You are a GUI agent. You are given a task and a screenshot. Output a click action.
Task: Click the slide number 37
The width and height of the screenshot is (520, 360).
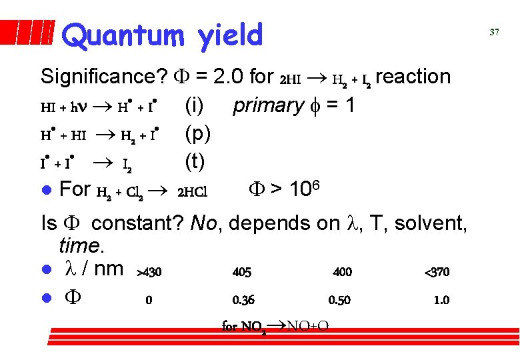(494, 31)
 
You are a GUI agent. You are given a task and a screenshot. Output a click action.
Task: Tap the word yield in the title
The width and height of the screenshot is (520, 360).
(231, 35)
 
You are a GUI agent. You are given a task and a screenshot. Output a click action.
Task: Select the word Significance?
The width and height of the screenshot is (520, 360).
(103, 77)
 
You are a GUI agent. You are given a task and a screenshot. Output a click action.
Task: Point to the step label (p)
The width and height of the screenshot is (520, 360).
(198, 134)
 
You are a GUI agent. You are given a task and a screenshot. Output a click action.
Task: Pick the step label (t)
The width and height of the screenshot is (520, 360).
(195, 162)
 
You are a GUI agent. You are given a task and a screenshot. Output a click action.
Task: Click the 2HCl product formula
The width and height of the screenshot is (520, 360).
(193, 193)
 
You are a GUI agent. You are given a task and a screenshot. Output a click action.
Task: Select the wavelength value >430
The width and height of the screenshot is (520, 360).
(149, 272)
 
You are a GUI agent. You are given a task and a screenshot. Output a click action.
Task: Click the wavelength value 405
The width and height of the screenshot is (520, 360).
(242, 272)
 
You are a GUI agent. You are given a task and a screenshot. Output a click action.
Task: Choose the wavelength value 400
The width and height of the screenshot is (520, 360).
(342, 272)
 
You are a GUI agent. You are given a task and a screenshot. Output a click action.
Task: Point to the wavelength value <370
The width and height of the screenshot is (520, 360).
(437, 272)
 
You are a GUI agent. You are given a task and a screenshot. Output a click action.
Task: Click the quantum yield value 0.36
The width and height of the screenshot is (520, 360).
(243, 300)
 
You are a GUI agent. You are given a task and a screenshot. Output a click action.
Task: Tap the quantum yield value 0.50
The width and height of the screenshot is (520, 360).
(339, 300)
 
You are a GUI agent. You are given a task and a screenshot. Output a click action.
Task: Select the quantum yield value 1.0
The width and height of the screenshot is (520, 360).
(441, 300)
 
